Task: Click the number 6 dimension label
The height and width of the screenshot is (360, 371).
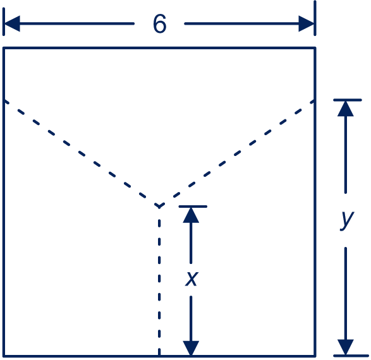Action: pyautogui.click(x=160, y=23)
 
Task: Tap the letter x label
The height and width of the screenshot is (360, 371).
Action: pyautogui.click(x=191, y=279)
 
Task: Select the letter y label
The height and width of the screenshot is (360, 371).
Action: pyautogui.click(x=346, y=220)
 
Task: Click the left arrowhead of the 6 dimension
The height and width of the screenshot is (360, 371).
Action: pyautogui.click(x=12, y=23)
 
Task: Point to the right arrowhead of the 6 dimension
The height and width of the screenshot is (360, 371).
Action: pyautogui.click(x=307, y=23)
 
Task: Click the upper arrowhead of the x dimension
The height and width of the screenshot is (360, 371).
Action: pyautogui.click(x=191, y=215)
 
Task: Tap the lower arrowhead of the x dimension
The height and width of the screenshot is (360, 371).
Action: pyautogui.click(x=191, y=348)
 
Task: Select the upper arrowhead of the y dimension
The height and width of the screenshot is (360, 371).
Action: pyautogui.click(x=346, y=109)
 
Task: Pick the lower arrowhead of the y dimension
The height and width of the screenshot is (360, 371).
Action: pyautogui.click(x=346, y=347)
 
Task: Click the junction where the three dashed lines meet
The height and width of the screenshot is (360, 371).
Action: pyautogui.click(x=159, y=207)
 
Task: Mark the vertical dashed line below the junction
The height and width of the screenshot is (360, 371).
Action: pyautogui.click(x=159, y=281)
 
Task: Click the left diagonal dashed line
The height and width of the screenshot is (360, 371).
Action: pyautogui.click(x=82, y=153)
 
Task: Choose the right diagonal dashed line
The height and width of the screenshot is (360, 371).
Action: pyautogui.click(x=237, y=153)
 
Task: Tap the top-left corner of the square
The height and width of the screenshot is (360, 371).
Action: pyautogui.click(x=4, y=48)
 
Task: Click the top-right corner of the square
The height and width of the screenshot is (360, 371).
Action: pyautogui.click(x=315, y=48)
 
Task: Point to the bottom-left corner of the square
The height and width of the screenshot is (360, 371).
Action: pyautogui.click(x=4, y=356)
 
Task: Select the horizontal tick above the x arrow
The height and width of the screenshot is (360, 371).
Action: pyautogui.click(x=193, y=207)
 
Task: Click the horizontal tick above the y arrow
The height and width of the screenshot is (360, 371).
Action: pyautogui.click(x=348, y=100)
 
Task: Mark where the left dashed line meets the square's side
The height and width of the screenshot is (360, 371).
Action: pyautogui.click(x=4, y=101)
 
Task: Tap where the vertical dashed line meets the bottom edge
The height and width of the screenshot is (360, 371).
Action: pyautogui.click(x=159, y=356)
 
